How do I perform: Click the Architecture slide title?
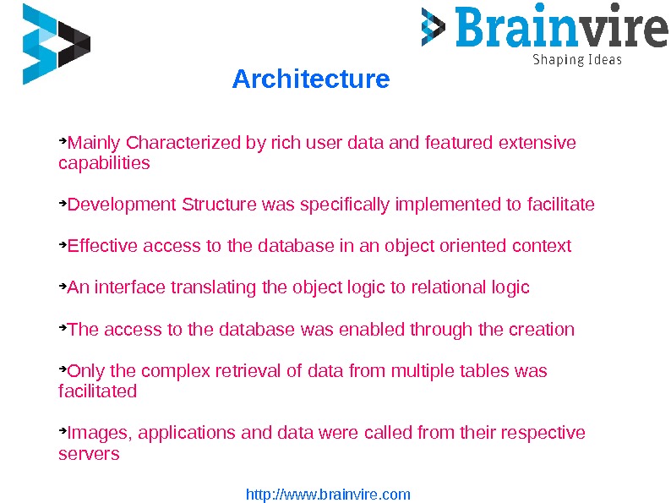point(310,79)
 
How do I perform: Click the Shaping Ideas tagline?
point(576,60)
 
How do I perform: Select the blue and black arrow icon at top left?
point(56,44)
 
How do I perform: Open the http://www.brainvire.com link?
point(328,495)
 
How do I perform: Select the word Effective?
point(102,246)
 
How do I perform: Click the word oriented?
point(472,246)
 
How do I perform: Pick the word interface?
point(131,287)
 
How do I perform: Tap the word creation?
point(542,329)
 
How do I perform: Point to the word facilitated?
point(97,391)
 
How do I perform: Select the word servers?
point(89,454)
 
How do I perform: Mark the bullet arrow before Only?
point(62,369)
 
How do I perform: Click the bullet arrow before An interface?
point(62,286)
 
